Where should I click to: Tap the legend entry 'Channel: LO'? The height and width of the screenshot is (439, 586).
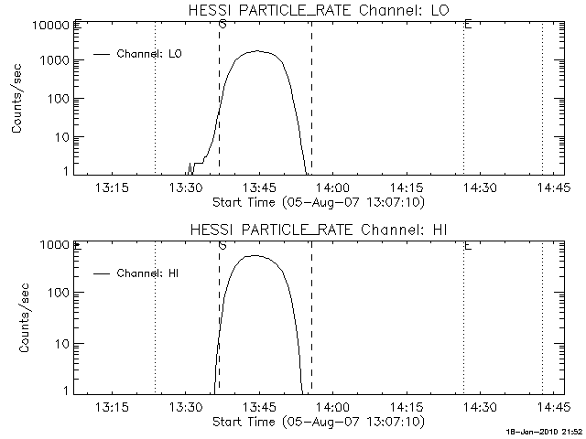[150, 54]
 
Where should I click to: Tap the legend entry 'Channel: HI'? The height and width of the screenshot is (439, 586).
[150, 273]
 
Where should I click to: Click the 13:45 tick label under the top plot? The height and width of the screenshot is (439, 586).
[259, 187]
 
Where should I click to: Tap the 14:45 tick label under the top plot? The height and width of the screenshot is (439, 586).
[554, 187]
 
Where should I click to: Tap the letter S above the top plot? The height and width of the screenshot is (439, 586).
[222, 23]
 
